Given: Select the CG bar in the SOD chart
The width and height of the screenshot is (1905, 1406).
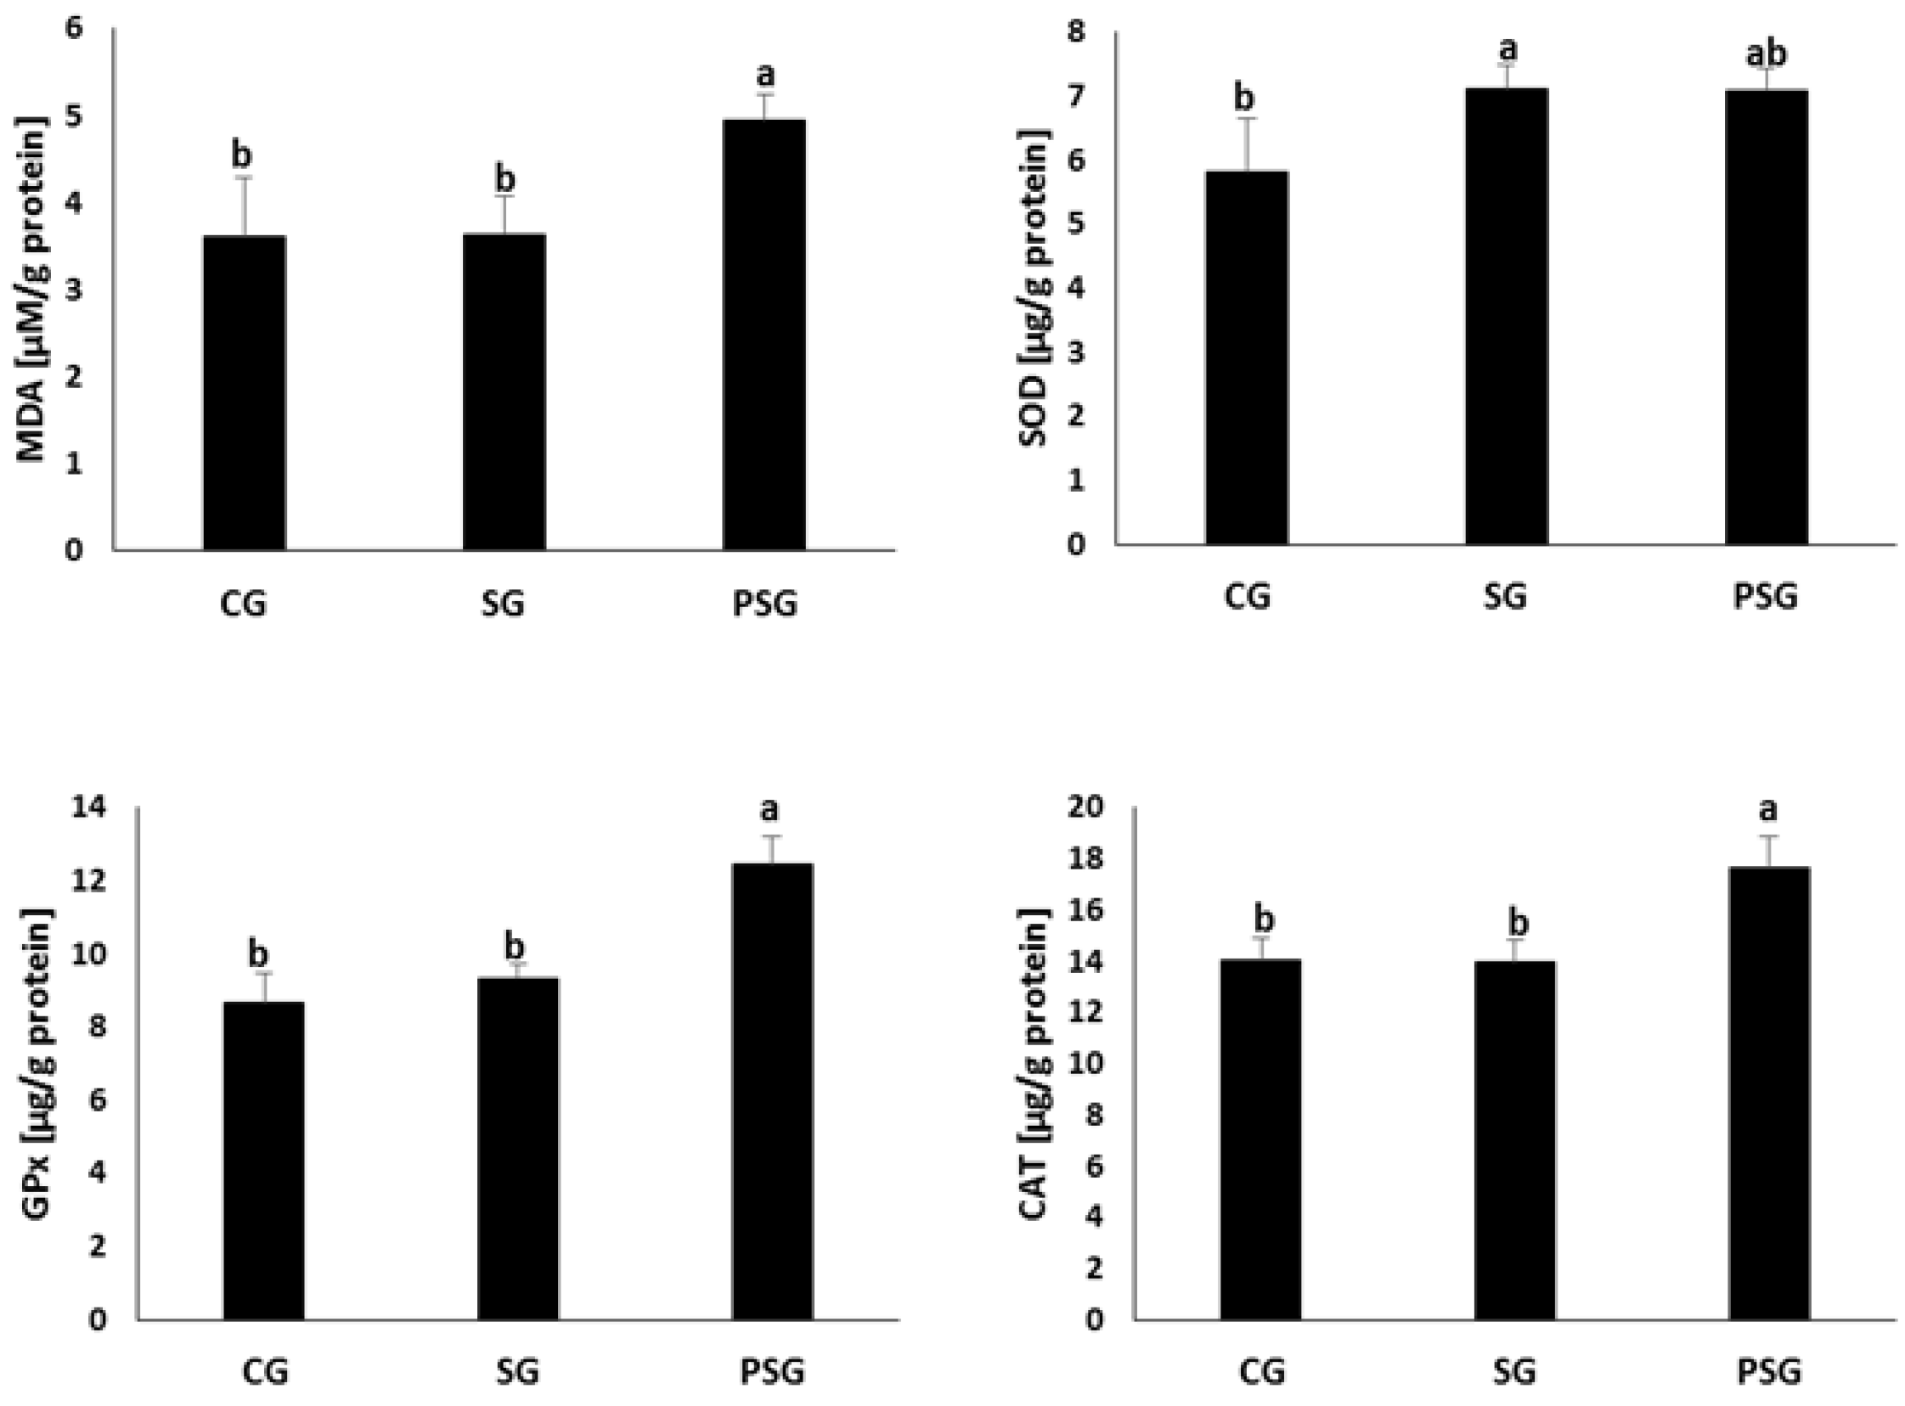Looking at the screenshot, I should pos(1246,357).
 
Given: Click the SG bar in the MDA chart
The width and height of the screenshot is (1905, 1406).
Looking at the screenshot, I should pos(504,391).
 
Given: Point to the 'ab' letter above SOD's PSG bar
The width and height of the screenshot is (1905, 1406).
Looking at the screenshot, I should pos(1766,54).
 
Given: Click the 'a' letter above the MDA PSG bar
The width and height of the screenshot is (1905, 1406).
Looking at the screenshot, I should pos(765,75).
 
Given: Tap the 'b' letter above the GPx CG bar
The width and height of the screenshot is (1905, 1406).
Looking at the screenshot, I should pos(258,954).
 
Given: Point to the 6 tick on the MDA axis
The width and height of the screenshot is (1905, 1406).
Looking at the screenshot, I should pos(75,29).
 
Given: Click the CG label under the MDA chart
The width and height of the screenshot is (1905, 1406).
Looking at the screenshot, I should pos(244,605).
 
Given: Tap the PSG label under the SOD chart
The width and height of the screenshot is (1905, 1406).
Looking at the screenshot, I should pos(1766,597).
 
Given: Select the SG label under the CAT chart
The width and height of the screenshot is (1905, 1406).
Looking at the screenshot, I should pos(1514,1372).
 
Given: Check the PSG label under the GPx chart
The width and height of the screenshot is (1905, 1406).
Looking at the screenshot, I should pos(772,1372).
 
